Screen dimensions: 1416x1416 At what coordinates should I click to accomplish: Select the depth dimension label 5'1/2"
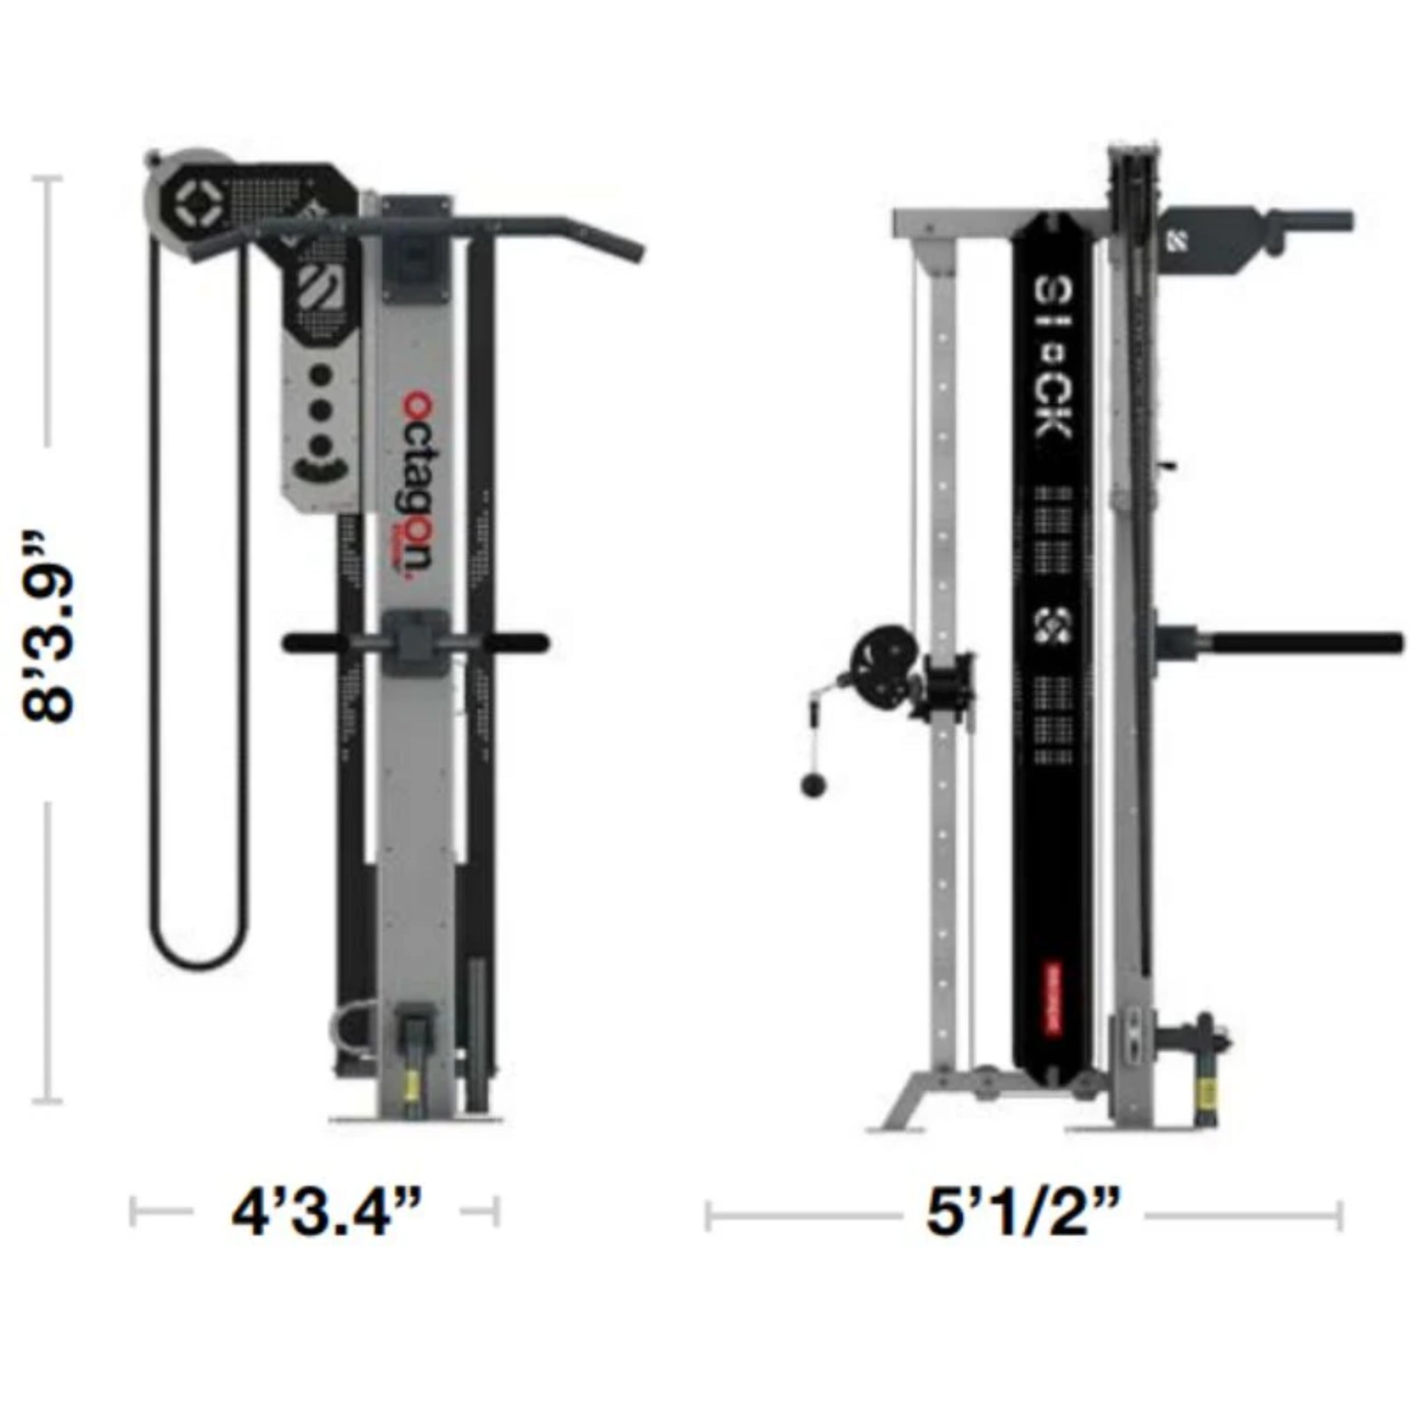(1023, 1213)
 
